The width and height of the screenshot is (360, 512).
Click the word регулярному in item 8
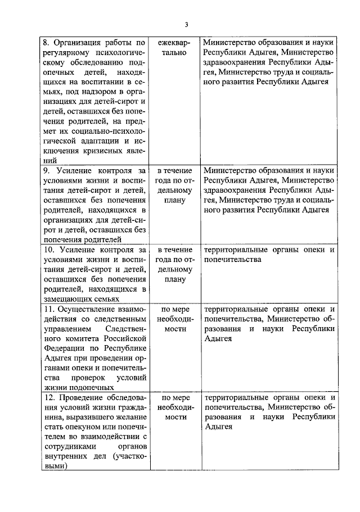tap(63, 53)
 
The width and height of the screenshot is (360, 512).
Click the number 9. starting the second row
tap(48, 170)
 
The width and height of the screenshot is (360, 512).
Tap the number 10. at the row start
tap(49, 249)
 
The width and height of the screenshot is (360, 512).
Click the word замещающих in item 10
tap(67, 300)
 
